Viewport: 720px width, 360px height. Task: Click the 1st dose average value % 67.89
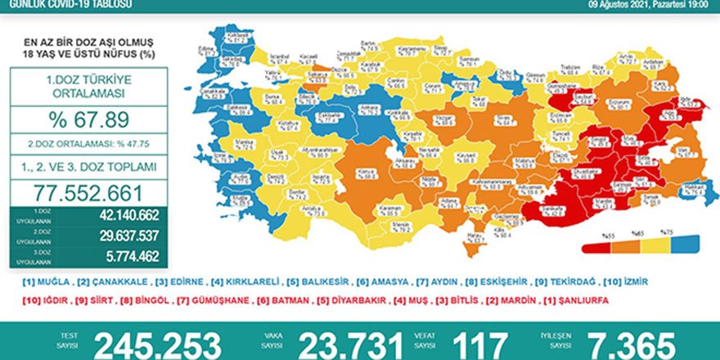(x=88, y=119)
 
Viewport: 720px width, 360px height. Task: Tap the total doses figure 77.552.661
(x=88, y=193)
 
